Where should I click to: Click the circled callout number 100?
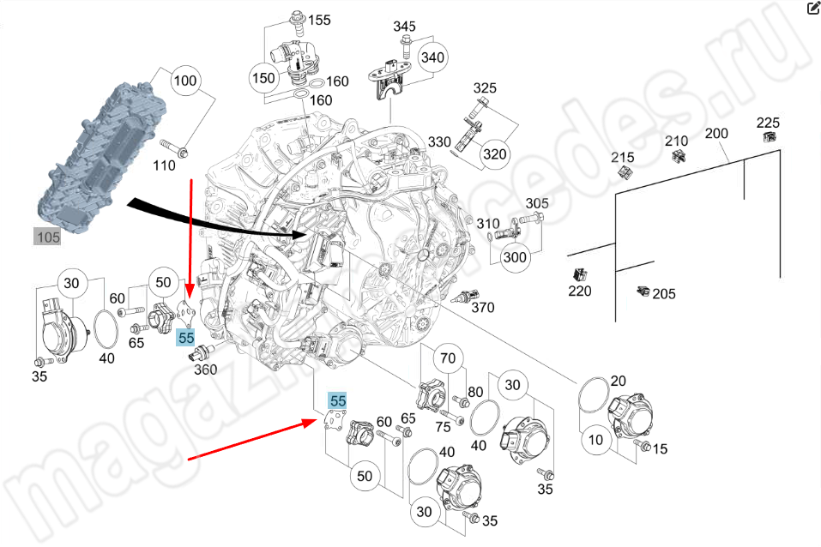[184, 82]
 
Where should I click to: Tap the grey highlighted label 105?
[47, 237]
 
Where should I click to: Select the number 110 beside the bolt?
[164, 165]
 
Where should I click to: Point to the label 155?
[318, 20]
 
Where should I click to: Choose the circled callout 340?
[433, 57]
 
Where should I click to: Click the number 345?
[404, 27]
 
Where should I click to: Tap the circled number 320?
[494, 154]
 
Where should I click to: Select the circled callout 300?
[515, 256]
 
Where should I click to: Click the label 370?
[483, 307]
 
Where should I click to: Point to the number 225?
[768, 122]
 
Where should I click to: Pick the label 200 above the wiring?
[716, 134]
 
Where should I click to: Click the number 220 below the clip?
[580, 291]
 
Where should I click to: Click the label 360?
[205, 370]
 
